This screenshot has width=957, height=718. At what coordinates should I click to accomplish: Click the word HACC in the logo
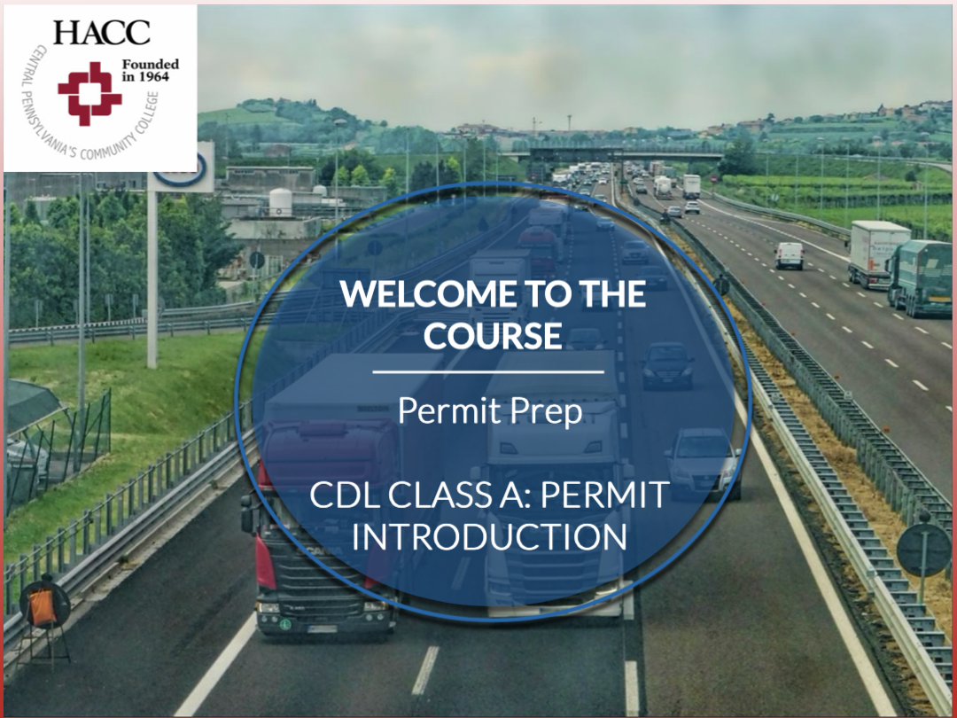coord(101,33)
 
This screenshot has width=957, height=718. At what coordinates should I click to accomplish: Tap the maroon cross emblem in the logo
coord(89,93)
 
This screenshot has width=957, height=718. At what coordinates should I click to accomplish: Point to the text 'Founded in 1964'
coord(150,70)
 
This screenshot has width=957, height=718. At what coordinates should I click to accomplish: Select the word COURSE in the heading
coord(493,335)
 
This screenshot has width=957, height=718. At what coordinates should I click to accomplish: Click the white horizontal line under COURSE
coord(488,371)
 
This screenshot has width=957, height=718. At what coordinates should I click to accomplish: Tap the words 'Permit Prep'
coord(490,411)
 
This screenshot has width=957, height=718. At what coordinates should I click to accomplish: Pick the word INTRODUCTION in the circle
coord(489,536)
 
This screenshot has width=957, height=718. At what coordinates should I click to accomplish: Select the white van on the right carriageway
coord(790,256)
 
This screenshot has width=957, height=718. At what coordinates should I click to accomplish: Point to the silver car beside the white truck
coord(703,462)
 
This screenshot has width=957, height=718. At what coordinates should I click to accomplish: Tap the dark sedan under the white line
coord(667,365)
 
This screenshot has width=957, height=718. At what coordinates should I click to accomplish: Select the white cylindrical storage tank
coord(280,202)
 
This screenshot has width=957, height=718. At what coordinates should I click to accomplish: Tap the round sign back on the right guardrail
coord(923,550)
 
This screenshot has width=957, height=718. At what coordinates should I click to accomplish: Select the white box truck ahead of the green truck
coord(876,254)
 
